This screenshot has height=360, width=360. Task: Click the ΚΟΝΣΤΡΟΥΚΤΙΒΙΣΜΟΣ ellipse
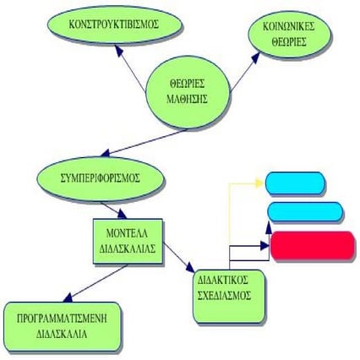[x=113, y=25]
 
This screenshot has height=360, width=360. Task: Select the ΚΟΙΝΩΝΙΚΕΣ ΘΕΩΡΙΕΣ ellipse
[x=289, y=35]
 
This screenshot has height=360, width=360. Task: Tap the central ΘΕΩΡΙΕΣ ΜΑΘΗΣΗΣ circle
[x=188, y=92]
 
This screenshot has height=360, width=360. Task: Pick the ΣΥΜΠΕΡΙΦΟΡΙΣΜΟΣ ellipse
[x=100, y=177]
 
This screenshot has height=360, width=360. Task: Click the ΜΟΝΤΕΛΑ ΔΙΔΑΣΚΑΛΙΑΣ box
[x=128, y=242]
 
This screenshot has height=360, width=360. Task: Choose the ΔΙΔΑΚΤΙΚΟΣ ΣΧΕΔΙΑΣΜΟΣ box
[x=229, y=296]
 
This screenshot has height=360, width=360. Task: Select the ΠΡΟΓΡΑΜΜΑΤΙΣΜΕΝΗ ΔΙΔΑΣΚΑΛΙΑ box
[x=63, y=326]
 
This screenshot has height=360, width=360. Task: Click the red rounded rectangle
[x=313, y=245]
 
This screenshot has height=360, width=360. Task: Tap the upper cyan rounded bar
[x=295, y=183]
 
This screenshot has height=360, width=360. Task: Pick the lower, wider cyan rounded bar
[x=305, y=211]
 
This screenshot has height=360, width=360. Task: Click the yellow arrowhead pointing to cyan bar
[x=259, y=183]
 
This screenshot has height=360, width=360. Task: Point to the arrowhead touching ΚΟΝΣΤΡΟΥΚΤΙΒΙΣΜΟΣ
[x=119, y=50]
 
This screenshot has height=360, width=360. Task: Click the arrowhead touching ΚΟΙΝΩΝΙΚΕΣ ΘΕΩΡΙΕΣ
[x=256, y=57]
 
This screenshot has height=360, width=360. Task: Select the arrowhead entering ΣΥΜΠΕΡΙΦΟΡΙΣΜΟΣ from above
[x=106, y=154]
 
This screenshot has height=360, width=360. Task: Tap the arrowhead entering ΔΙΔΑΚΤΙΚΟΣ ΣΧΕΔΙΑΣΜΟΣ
[x=190, y=267]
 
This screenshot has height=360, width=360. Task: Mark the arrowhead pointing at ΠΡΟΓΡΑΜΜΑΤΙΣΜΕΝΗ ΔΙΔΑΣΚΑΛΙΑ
[x=68, y=297]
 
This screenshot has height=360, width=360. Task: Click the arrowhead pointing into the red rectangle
[x=265, y=246]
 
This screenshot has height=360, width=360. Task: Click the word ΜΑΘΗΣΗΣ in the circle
[x=187, y=99]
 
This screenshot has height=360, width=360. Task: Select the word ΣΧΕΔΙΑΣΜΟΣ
[x=224, y=296]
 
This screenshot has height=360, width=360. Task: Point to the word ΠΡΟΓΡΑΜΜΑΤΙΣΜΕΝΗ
[x=63, y=319]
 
